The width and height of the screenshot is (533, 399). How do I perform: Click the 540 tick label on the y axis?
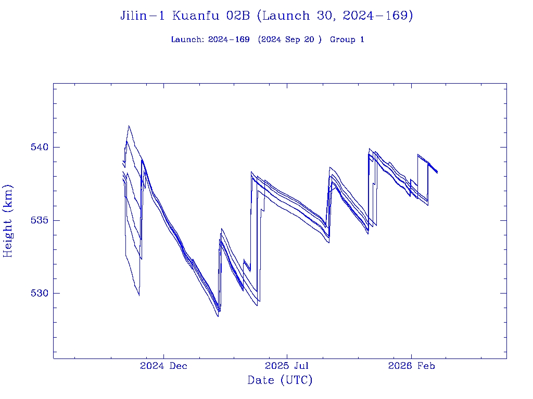click(x=39, y=147)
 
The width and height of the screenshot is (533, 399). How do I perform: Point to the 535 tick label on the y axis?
click(x=39, y=220)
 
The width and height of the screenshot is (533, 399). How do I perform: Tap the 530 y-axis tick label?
click(x=39, y=293)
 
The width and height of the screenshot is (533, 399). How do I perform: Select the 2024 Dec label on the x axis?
click(x=163, y=366)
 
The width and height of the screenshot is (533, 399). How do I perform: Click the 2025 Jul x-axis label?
click(x=287, y=366)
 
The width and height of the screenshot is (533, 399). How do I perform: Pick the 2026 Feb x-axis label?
click(x=411, y=366)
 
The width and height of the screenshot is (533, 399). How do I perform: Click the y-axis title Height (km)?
click(x=8, y=221)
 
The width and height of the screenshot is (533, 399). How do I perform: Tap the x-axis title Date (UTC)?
click(x=280, y=380)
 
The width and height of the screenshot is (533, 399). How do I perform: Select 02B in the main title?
click(x=239, y=16)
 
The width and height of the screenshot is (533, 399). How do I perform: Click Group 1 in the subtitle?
click(x=347, y=40)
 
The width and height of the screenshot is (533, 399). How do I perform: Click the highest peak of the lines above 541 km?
click(x=129, y=126)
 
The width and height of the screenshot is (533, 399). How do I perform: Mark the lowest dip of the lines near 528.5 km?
click(x=218, y=316)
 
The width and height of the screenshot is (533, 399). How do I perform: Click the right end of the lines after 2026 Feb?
click(x=437, y=172)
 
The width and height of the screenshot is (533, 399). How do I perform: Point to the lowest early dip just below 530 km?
click(x=139, y=295)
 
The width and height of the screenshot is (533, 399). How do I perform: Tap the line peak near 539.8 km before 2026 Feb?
click(x=370, y=149)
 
